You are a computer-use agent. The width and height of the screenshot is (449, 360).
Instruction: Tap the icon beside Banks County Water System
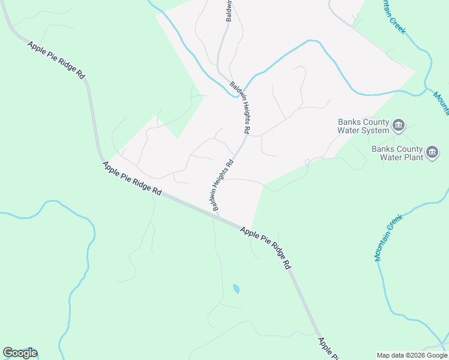pyautogui.click(x=399, y=126)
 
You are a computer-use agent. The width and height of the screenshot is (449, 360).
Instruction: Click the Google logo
pyautogui.click(x=20, y=353)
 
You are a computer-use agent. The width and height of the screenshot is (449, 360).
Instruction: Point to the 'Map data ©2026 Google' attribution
pyautogui.click(x=412, y=355)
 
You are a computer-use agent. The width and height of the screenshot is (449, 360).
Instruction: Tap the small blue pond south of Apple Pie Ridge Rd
pyautogui.click(x=236, y=289)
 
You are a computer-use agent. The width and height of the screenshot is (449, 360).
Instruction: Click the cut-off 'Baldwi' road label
pyautogui.click(x=229, y=11)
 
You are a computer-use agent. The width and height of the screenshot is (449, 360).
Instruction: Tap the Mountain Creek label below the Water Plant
pyautogui.click(x=387, y=239)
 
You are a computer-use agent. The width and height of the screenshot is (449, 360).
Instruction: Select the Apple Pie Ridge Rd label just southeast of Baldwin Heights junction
pyautogui.click(x=266, y=245)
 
